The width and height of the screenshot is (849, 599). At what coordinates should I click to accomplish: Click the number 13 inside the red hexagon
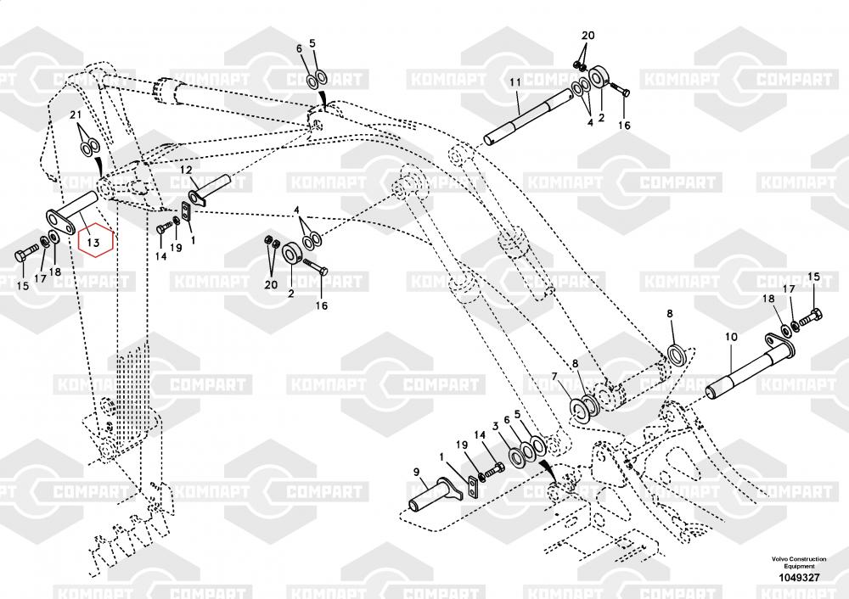95,241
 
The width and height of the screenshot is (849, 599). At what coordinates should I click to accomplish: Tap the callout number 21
76,115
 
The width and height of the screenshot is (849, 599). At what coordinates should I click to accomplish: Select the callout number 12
185,171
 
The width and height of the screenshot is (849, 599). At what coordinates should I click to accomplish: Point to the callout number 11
514,81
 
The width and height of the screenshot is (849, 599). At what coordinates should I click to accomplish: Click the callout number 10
729,338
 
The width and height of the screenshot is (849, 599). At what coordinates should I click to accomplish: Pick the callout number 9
417,472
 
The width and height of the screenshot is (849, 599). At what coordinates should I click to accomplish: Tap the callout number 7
554,377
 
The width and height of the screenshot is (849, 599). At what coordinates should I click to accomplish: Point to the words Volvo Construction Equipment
798,563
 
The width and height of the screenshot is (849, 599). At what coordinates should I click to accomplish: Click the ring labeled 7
585,407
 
